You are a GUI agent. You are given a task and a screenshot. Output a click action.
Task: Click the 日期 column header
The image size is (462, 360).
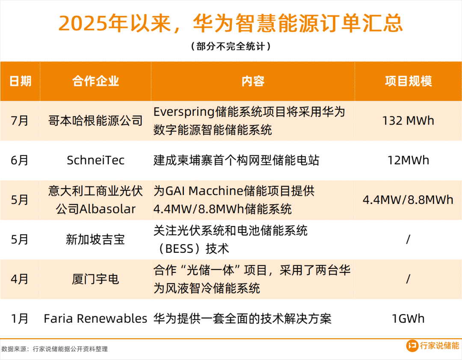(x=20, y=81)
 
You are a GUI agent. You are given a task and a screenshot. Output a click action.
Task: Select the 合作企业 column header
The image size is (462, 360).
(x=95, y=81)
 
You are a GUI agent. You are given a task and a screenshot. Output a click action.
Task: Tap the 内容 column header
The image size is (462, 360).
(x=253, y=81)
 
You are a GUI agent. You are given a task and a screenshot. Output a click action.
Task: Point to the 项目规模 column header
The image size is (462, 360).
(x=409, y=81)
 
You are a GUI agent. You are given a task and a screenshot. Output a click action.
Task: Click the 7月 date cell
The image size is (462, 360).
(x=19, y=121)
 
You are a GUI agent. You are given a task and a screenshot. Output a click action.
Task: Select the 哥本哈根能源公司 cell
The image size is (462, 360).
(x=95, y=121)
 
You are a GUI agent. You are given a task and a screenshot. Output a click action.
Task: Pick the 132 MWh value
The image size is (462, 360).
(x=408, y=121)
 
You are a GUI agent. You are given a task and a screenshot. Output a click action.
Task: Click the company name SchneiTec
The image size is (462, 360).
(x=95, y=160)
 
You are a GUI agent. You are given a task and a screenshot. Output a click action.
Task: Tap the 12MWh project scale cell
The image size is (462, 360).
(x=408, y=160)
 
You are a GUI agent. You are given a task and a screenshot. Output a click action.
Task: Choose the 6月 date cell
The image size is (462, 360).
(x=19, y=160)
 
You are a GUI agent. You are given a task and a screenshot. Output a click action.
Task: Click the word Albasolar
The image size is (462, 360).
(x=107, y=209)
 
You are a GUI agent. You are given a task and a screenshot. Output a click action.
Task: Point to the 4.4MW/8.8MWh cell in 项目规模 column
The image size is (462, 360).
(x=408, y=200)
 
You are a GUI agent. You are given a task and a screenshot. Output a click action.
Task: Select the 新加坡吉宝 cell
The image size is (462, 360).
(x=95, y=239)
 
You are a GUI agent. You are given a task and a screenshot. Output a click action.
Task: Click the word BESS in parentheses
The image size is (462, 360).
(x=179, y=249)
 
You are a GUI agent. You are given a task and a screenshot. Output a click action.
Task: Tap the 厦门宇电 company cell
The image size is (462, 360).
(x=95, y=279)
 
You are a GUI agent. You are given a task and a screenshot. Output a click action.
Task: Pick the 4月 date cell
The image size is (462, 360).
(x=19, y=279)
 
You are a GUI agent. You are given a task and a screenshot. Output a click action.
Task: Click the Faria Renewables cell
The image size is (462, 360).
(x=95, y=319)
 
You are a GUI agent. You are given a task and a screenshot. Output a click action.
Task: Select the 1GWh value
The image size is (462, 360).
(x=408, y=319)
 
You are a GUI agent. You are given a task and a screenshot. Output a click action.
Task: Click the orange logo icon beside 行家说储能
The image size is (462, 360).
(x=412, y=345)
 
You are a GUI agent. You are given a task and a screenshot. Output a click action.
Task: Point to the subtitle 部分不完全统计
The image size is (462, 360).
(x=231, y=46)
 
